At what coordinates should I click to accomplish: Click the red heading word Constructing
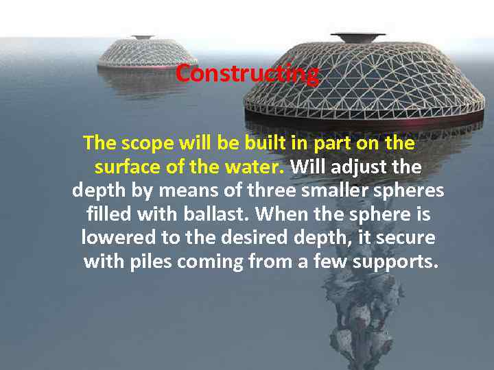[247, 73]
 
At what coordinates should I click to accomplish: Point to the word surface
[128, 167]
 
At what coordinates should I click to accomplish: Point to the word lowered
[116, 238]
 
